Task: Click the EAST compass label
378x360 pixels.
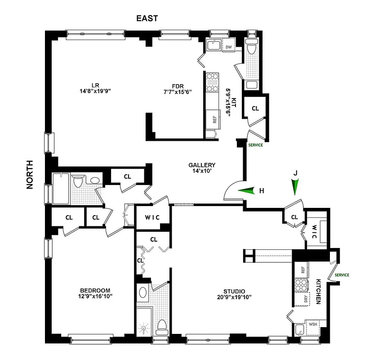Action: tap(147, 18)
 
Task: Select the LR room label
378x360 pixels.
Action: tap(95, 85)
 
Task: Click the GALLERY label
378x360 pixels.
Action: tap(202, 165)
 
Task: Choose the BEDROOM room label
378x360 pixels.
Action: tap(95, 290)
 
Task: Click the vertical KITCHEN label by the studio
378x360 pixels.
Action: tap(318, 291)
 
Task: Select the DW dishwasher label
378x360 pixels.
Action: tap(228, 47)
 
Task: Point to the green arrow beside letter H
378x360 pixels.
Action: tap(245, 191)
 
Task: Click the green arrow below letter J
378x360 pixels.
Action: tap(295, 186)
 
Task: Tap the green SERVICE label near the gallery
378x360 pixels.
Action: tap(255, 145)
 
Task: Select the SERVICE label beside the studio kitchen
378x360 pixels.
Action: tap(342, 275)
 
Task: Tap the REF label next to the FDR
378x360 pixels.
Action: tap(214, 119)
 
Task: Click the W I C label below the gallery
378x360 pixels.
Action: tap(151, 217)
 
